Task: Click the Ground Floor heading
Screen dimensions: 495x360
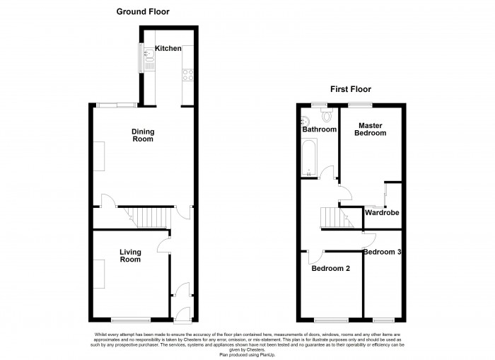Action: point(143,12)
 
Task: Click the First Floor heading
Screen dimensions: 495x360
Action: point(351,89)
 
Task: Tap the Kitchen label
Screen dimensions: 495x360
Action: point(168,48)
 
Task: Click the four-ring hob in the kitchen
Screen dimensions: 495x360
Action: point(188,75)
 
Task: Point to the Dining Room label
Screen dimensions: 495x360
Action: point(143,135)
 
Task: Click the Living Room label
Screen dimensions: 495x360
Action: point(130,256)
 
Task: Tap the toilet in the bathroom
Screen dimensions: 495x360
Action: point(327,115)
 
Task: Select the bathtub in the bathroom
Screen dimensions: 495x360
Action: point(309,158)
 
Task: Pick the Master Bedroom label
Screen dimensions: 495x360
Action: point(370,129)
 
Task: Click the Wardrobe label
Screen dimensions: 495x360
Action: point(382,212)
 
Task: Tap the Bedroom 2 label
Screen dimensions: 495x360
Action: point(330,269)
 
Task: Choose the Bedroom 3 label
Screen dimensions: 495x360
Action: point(383,252)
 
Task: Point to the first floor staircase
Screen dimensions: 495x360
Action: point(337,217)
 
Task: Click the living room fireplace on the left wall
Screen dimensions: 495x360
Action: point(99,274)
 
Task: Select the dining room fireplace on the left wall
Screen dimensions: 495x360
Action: point(99,156)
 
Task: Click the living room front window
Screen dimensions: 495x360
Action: point(131,320)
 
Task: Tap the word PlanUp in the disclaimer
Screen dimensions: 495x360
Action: point(267,355)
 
